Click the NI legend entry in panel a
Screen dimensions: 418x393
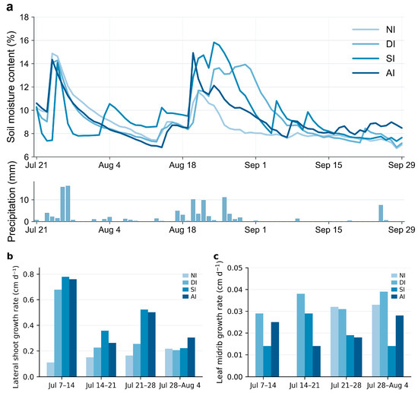[x=373, y=30]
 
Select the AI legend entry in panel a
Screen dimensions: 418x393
[x=373, y=73]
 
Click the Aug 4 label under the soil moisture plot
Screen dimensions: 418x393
[x=109, y=165]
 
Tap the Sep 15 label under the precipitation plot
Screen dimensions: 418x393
[x=328, y=230]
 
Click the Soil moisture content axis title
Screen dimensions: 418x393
[x=11, y=87]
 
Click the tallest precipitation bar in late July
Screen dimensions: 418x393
[x=68, y=204]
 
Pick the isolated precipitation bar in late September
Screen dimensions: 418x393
[x=381, y=214]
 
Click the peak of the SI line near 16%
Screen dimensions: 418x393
[x=214, y=42]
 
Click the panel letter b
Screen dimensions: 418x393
[x=10, y=256]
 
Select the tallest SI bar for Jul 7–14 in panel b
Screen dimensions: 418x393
[x=65, y=327]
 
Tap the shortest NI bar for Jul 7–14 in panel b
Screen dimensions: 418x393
[x=51, y=369]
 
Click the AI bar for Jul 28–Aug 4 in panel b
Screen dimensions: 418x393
[x=191, y=357]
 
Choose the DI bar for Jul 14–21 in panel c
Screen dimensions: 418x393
[x=301, y=335]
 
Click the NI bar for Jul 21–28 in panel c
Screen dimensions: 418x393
[x=334, y=341]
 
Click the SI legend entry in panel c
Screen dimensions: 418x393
[x=398, y=290]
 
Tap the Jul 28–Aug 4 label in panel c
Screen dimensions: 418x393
[x=388, y=385]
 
